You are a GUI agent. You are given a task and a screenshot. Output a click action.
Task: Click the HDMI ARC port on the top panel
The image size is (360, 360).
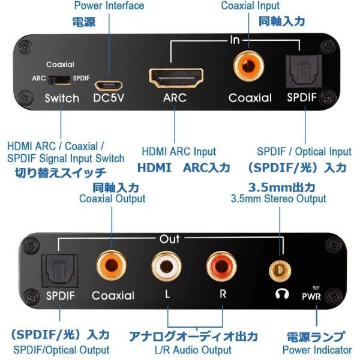(x=176, y=78)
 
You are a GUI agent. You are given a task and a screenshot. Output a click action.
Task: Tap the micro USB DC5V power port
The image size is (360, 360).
(x=109, y=86)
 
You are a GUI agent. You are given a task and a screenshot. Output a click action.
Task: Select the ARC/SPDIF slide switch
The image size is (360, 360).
(x=59, y=80)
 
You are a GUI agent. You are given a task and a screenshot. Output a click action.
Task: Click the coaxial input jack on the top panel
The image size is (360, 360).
(x=248, y=66)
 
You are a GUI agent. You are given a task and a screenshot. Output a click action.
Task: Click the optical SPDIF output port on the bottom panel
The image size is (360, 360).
(x=59, y=271)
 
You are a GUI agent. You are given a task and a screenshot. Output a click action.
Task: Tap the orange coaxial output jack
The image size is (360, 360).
(x=111, y=266)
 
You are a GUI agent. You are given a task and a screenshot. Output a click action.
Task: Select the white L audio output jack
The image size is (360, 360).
(x=166, y=266)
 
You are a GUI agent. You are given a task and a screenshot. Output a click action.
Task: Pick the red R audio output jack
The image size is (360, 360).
(x=221, y=266)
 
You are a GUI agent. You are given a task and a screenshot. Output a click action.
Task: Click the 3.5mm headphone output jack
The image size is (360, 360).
(x=280, y=271)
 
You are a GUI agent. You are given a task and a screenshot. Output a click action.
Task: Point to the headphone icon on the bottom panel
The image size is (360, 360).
(x=282, y=293)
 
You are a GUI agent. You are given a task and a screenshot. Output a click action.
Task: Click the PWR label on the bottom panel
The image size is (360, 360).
(x=311, y=296)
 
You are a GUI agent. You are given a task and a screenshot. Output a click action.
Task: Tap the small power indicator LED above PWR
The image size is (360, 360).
(x=316, y=287)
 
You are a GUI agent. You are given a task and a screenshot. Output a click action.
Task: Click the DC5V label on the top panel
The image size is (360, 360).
(x=109, y=98)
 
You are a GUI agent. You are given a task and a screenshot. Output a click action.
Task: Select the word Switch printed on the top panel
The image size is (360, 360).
(x=62, y=98)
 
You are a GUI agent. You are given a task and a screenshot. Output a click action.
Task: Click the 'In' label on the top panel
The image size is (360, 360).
(x=235, y=40)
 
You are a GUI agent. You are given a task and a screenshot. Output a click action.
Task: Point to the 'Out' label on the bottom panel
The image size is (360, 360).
(x=169, y=239)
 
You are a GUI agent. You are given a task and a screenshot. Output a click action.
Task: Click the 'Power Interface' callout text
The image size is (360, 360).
(x=109, y=5)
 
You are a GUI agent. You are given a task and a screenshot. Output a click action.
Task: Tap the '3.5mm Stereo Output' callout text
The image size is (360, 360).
(x=278, y=199)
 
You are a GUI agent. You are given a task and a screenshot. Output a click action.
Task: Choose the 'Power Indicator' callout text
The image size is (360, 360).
(x=317, y=350)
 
